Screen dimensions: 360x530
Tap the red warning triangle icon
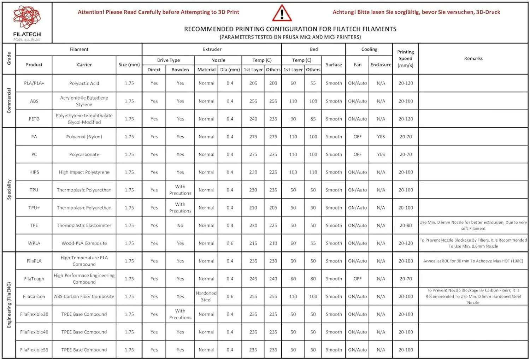282,14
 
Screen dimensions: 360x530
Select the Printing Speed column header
405,59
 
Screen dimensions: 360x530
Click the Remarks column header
473,59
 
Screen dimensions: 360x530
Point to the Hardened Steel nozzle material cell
206,296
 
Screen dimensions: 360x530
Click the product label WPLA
34,243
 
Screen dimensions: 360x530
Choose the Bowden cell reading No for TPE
180,225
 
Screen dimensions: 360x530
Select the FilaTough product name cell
34,279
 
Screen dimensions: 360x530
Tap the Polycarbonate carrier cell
84,154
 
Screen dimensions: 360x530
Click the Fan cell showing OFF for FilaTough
358,279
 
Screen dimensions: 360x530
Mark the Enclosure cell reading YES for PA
381,137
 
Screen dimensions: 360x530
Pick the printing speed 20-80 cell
405,225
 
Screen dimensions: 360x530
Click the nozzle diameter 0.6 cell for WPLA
230,243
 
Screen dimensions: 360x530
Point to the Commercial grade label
9,101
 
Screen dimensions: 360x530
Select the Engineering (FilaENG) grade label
9,305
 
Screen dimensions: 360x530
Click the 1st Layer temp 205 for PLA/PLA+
253,83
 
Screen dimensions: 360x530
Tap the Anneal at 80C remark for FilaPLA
473,261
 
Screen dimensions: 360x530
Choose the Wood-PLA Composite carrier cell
84,243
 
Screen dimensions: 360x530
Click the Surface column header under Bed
334,65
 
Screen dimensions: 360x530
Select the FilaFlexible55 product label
34,350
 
